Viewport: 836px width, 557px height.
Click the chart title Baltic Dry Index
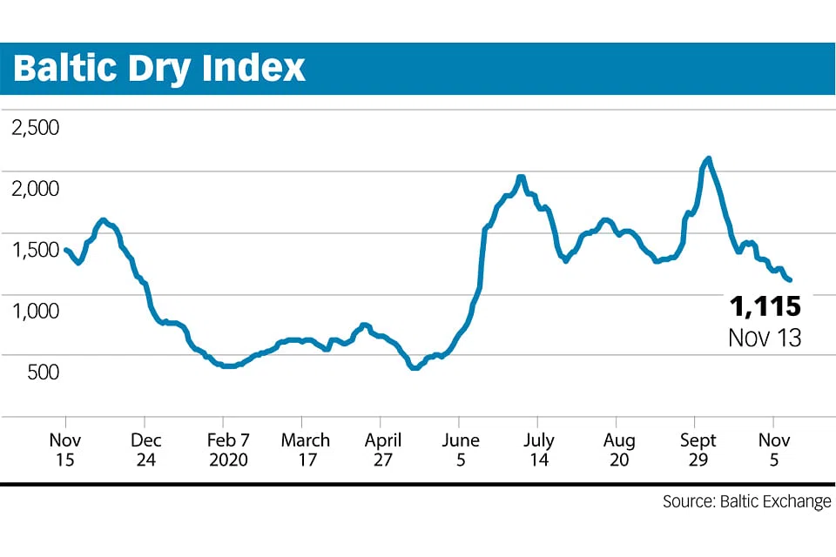(159, 68)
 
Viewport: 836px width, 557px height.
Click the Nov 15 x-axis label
(66, 449)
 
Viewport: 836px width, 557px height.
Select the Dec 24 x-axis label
(145, 449)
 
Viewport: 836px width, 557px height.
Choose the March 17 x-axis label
(305, 449)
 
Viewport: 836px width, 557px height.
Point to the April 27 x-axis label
(383, 449)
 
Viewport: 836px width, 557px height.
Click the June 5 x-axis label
(461, 449)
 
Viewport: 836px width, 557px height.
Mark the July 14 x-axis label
(540, 449)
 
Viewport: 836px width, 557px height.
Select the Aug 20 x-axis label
(619, 449)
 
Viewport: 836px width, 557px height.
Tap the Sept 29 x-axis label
(698, 449)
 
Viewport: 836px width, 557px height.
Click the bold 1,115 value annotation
(764, 306)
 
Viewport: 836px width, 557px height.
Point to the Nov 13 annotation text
(764, 337)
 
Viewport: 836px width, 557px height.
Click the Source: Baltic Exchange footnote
(746, 502)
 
